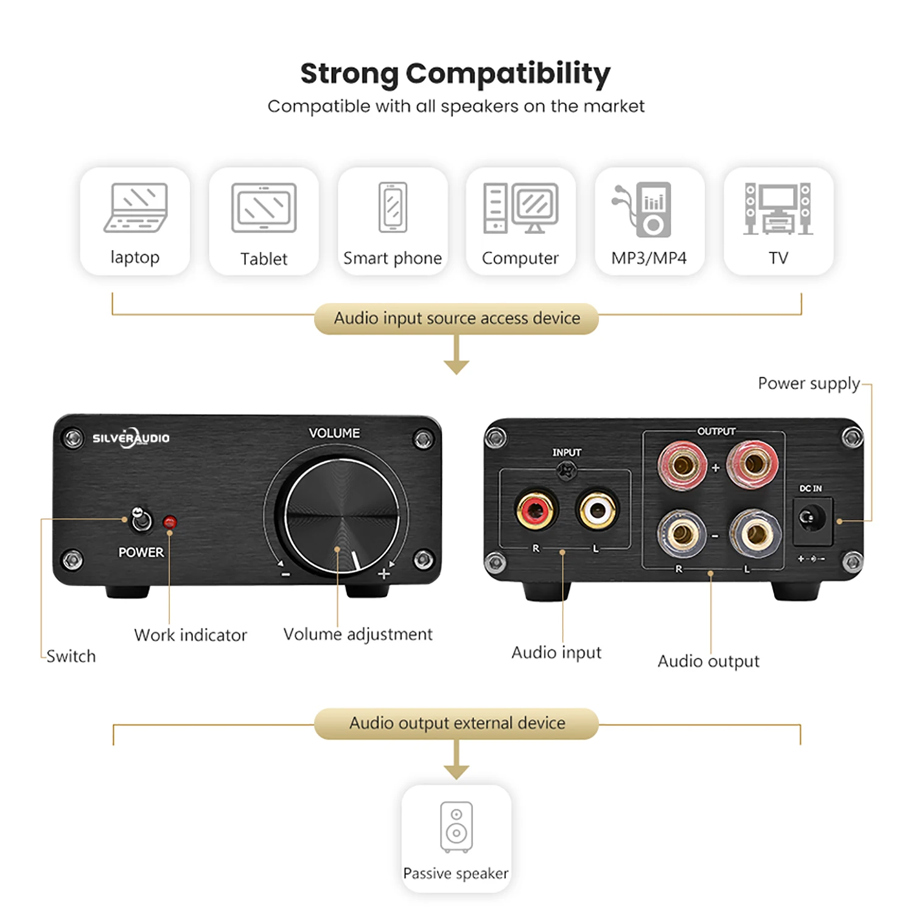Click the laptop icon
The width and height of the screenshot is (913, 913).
[x=135, y=208]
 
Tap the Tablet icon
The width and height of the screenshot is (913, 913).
[x=264, y=208]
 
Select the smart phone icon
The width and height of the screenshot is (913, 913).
[x=393, y=207]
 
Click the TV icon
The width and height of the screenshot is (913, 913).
[x=778, y=209]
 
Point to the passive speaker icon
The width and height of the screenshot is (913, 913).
[x=456, y=827]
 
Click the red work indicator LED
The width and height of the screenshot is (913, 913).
[x=170, y=522]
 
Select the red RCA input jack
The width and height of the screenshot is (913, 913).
[x=536, y=510]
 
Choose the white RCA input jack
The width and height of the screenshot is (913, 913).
[x=597, y=510]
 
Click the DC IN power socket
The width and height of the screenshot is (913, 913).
[x=811, y=519]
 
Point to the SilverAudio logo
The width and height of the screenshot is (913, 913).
[x=131, y=438]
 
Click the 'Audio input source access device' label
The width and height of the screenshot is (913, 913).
[x=456, y=318]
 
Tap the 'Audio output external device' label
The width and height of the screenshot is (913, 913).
[x=456, y=723]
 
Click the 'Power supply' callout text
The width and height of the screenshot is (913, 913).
[x=808, y=383]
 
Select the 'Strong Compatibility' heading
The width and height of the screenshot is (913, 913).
[x=455, y=74]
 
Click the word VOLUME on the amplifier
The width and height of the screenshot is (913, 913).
[x=334, y=433]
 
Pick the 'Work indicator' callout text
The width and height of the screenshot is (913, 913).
[x=191, y=635]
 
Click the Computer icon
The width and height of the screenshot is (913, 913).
[x=520, y=208]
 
